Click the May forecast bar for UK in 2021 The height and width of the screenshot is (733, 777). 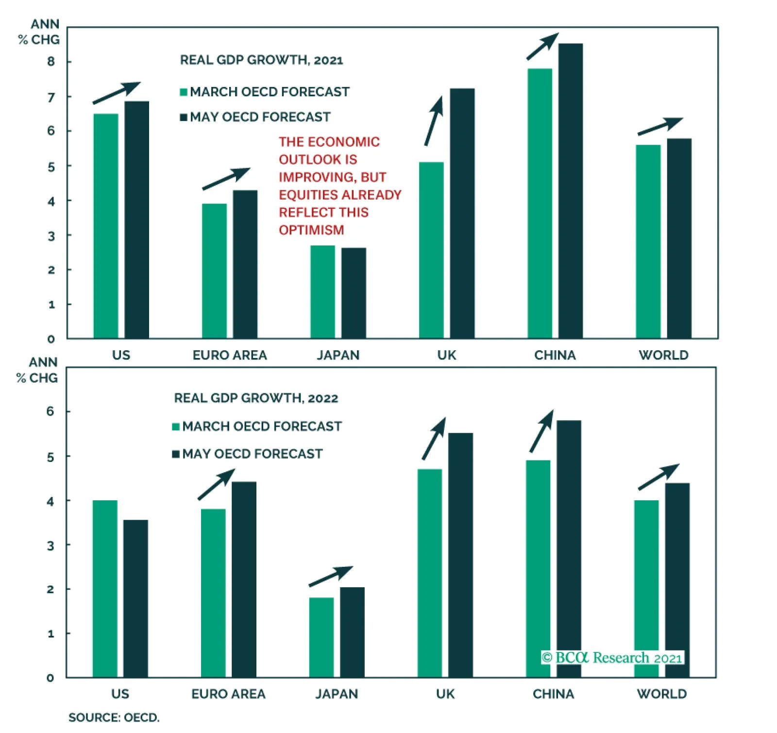(x=462, y=214)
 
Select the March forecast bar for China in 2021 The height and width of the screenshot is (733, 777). (x=540, y=204)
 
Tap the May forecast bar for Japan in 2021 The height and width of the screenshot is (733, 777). (x=354, y=293)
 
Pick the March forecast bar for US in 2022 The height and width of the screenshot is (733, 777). (x=105, y=589)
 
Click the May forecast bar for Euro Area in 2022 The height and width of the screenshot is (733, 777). (x=244, y=580)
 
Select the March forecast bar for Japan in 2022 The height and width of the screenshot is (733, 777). (x=321, y=637)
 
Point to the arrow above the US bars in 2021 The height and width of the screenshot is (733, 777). (x=117, y=93)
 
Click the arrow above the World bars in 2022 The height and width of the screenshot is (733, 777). (x=659, y=477)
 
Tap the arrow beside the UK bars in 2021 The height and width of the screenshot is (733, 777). (x=434, y=120)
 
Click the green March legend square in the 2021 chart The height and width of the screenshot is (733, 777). (x=184, y=92)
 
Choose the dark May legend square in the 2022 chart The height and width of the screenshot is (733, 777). (x=176, y=454)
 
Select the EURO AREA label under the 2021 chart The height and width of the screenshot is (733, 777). (x=230, y=355)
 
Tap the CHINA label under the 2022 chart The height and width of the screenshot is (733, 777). (x=553, y=694)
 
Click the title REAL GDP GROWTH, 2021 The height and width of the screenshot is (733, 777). (x=261, y=60)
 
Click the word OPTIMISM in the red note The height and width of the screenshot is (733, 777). (x=311, y=230)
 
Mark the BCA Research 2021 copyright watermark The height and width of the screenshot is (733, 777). (x=612, y=658)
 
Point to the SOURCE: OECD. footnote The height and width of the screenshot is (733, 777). (x=114, y=717)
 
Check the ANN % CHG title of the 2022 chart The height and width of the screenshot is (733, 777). (x=37, y=370)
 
